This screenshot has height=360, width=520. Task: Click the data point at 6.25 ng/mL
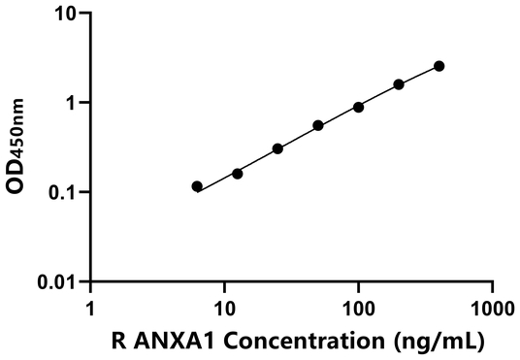[197, 186]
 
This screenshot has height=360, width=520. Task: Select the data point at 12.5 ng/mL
[238, 174]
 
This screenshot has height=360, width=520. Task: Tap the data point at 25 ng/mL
[277, 148]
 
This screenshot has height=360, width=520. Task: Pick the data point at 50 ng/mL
[318, 125]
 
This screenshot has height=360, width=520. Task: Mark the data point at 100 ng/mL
[358, 107]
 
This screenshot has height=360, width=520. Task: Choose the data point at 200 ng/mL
[399, 84]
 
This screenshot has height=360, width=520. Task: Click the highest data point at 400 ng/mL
[439, 66]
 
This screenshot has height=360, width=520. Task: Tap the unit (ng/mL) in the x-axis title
[434, 341]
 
